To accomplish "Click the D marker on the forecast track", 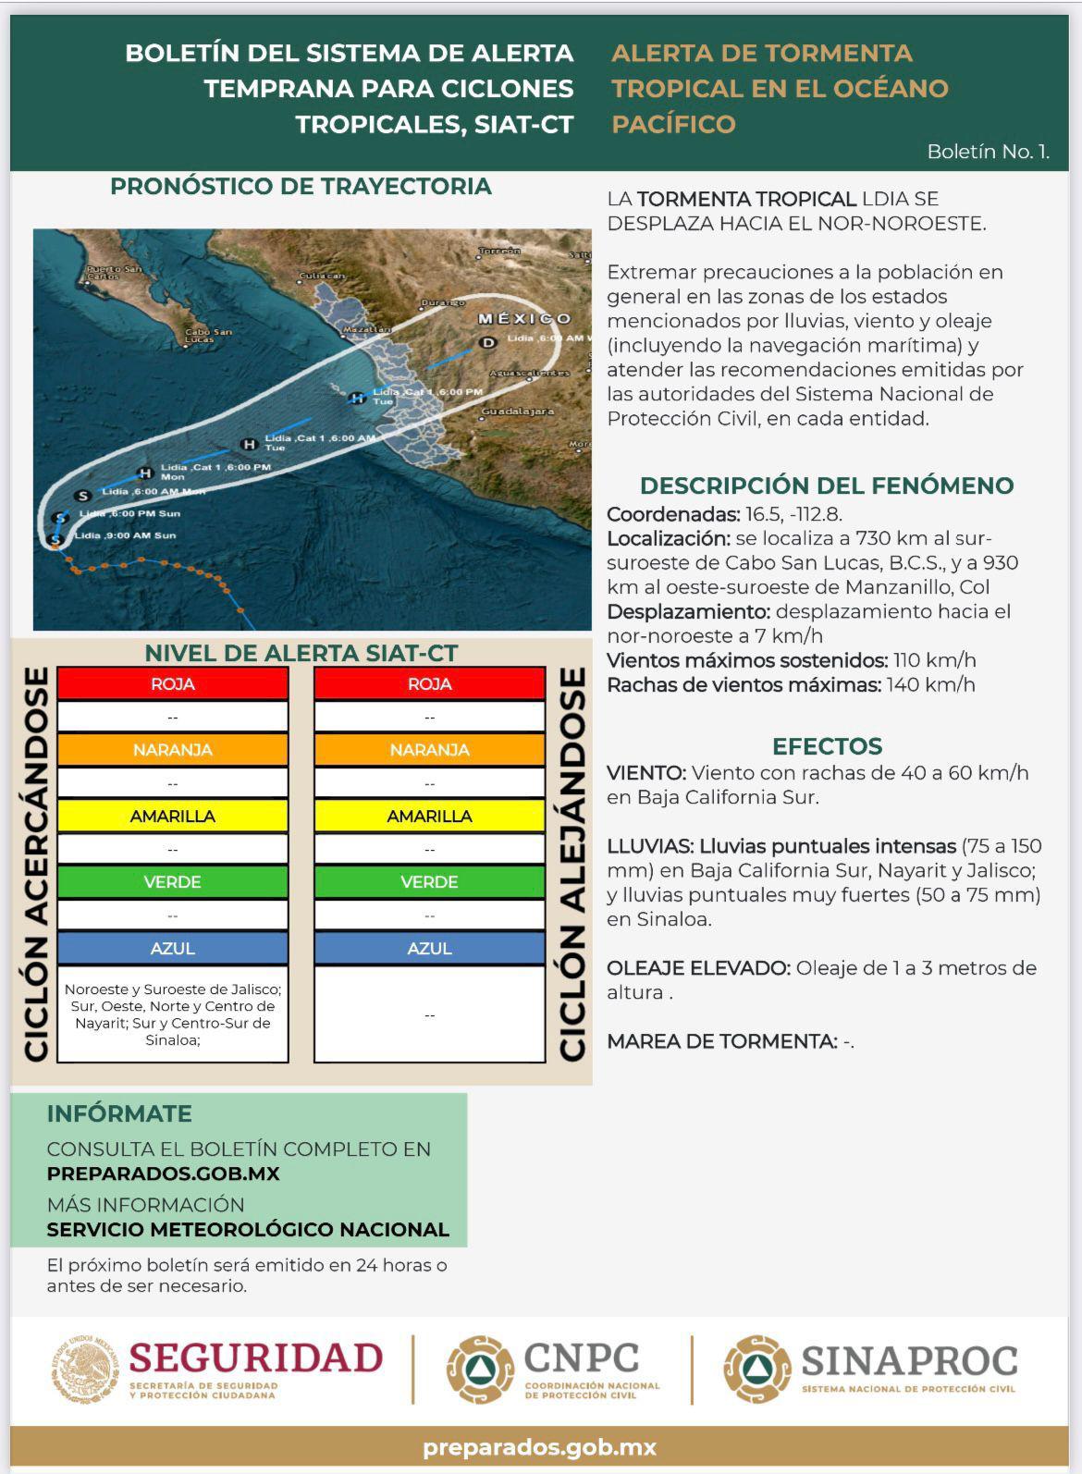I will (488, 343).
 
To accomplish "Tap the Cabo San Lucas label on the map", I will (208, 336).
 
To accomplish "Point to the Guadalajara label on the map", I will (519, 411).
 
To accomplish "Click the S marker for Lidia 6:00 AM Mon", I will (83, 496).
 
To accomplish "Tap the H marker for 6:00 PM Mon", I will (145, 473).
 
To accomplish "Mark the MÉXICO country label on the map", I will (524, 318).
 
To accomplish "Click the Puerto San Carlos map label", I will (114, 272).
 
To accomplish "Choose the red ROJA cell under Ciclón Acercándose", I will (173, 684).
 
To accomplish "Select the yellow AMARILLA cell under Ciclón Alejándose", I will (429, 816).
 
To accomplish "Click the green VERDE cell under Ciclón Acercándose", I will (173, 881).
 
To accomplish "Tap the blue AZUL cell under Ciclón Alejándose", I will (429, 948).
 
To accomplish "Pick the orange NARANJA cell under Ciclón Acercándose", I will (173, 750).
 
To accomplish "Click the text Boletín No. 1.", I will (988, 152).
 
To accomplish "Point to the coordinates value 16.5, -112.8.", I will (793, 514).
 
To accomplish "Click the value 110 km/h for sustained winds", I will (934, 660).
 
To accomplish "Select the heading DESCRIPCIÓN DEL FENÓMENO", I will (826, 485).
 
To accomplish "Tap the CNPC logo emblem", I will (480, 1370).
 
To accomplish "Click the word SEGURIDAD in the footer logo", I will (256, 1357).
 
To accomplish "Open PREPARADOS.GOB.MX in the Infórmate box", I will (163, 1173).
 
